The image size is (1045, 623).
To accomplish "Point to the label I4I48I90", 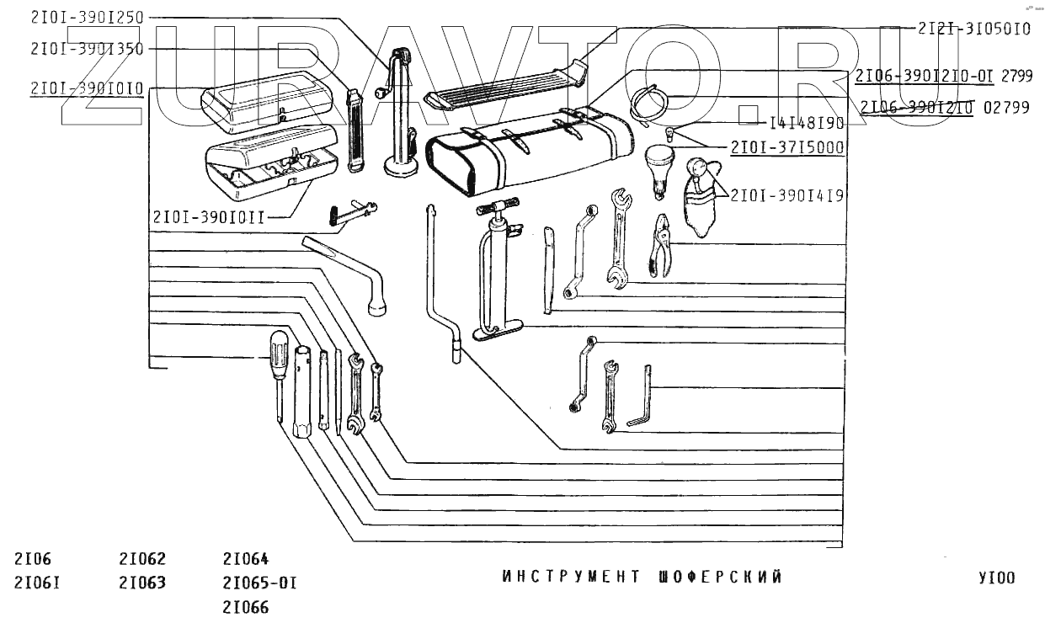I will tap(807, 123).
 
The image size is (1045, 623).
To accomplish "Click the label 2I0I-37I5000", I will tap(787, 147).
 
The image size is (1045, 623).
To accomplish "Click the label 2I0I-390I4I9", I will tap(787, 194).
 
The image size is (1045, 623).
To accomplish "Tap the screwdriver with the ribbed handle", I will tap(278, 362).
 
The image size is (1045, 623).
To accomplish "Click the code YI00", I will tap(996, 578).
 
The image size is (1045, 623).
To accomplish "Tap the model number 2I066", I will tap(246, 606).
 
